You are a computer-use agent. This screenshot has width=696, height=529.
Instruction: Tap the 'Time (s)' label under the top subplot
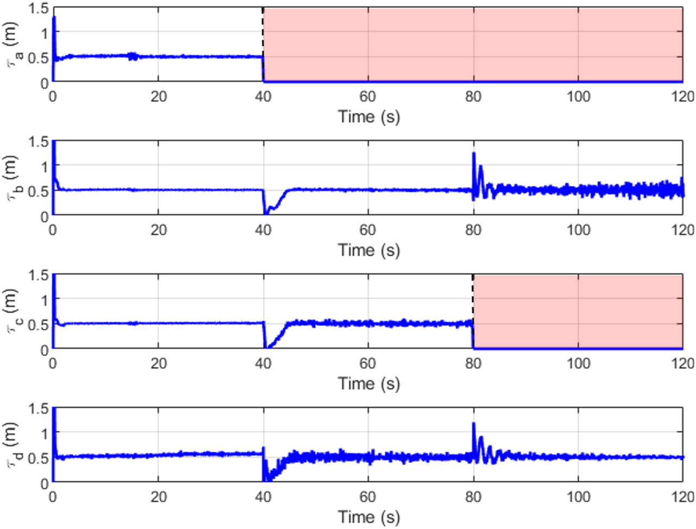369,116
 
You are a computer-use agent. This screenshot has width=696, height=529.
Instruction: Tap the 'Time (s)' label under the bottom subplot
369,516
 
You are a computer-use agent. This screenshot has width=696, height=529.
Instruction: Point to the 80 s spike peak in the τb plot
474,154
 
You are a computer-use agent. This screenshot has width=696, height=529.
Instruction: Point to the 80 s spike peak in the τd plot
474,424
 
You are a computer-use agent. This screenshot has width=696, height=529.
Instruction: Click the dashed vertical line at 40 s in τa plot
263,33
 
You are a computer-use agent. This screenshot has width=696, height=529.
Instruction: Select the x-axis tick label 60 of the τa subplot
368,97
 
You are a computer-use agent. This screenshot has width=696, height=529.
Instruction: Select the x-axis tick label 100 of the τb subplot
578,230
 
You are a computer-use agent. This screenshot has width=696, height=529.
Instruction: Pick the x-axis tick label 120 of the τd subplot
682,497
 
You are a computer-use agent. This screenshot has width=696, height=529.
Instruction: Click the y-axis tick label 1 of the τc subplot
45,300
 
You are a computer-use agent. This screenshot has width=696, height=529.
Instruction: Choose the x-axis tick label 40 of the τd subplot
263,497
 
